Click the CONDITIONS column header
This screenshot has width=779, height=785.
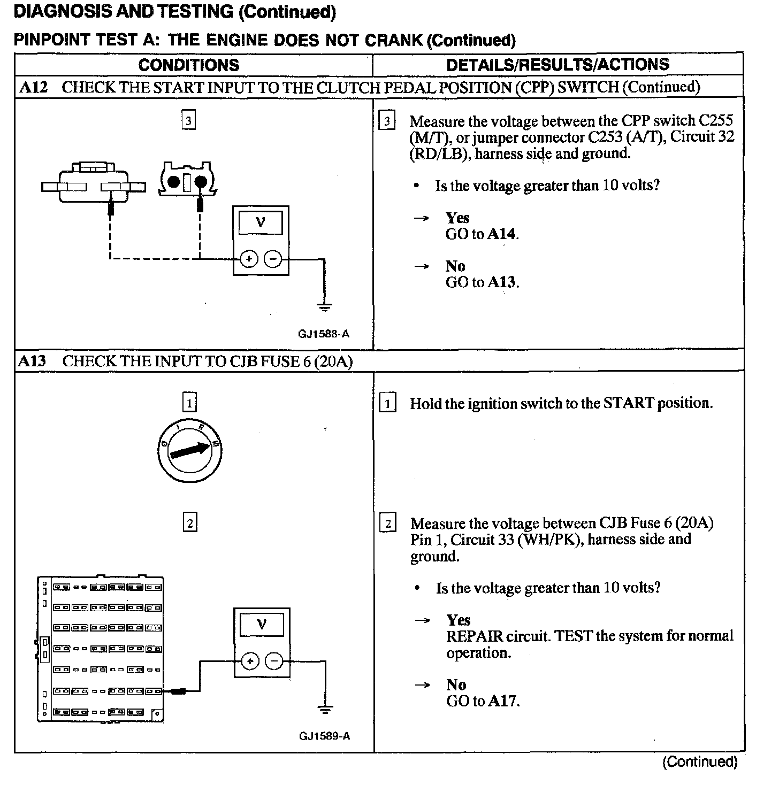[188, 65]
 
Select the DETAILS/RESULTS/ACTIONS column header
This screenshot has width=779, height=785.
[557, 65]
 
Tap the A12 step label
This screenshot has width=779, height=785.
[33, 87]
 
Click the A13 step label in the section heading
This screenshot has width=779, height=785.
[32, 361]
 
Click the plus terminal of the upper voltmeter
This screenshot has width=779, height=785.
[248, 259]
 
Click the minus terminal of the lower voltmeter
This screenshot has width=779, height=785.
[274, 661]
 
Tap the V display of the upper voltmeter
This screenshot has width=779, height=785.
[261, 222]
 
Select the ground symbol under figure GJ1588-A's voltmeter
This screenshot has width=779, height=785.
[324, 306]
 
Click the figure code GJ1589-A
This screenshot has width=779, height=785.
[324, 736]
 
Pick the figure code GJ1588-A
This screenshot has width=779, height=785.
[324, 334]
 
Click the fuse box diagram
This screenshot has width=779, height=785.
[101, 649]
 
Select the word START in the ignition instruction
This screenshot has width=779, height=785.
[628, 403]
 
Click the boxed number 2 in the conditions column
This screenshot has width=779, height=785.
[190, 522]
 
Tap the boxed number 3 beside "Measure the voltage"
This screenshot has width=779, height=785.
[386, 121]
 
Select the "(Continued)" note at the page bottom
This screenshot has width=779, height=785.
[700, 761]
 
